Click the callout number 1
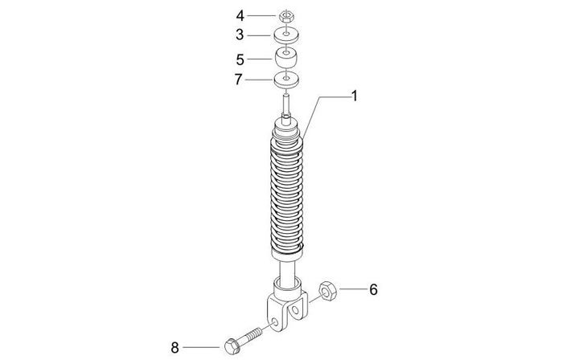tap(353, 96)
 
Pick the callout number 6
tap(372, 288)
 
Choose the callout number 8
tap(175, 347)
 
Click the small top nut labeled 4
tap(285, 15)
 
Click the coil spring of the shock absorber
tap(285, 193)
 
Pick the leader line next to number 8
tap(200, 347)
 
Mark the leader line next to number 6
tap(351, 288)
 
